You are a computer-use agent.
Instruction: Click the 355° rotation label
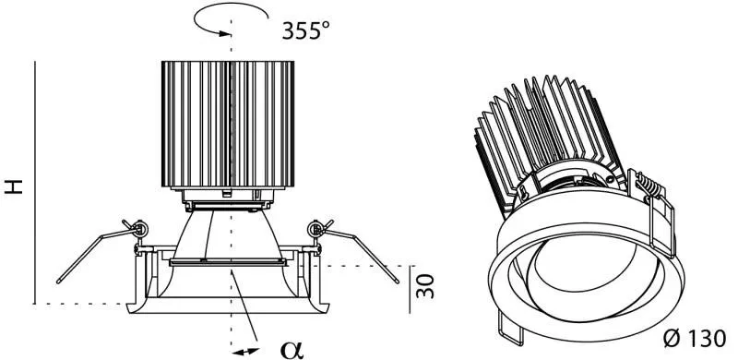click(x=305, y=30)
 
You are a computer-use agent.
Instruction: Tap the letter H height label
click(x=14, y=186)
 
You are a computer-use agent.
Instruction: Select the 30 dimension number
click(x=425, y=286)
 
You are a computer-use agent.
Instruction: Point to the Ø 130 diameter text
click(x=695, y=339)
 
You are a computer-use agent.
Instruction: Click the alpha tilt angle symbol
click(x=292, y=349)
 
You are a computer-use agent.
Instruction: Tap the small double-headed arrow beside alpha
click(x=246, y=352)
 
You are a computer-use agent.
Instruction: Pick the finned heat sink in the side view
click(x=228, y=124)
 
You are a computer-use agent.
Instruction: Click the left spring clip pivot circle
click(x=140, y=230)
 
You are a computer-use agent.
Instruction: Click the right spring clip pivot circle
click(x=315, y=230)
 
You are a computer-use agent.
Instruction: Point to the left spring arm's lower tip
click(x=58, y=282)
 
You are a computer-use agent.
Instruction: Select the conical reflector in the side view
click(x=228, y=234)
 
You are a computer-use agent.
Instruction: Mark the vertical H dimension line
click(x=35, y=183)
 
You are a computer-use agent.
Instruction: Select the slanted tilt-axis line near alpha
click(x=244, y=305)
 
